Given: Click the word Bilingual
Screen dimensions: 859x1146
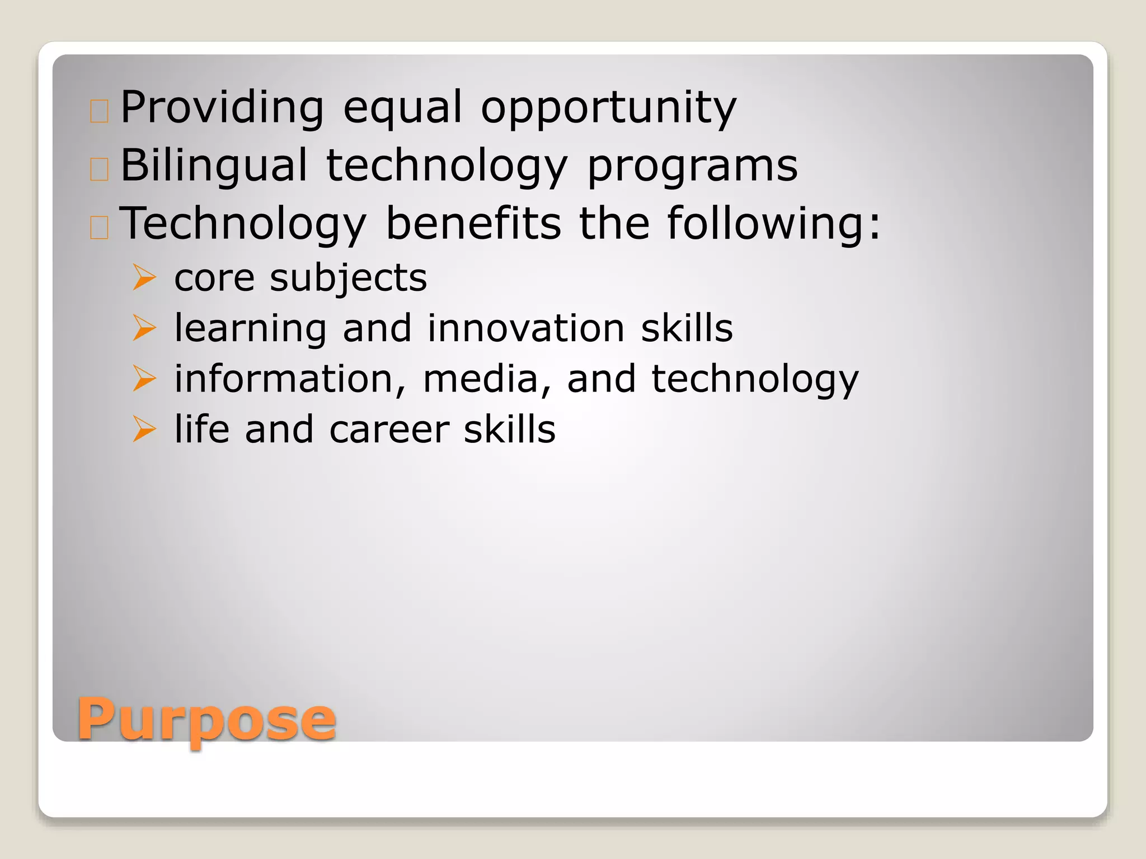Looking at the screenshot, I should point(214,167).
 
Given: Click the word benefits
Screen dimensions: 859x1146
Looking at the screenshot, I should point(473,223).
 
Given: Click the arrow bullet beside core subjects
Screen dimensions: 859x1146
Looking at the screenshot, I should point(144,277).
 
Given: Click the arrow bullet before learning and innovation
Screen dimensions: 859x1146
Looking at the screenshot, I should point(144,328).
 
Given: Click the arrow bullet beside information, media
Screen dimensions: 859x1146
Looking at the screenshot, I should point(144,379).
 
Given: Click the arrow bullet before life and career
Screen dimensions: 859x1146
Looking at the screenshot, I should point(144,429).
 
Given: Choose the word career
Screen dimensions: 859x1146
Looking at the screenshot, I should point(389,430).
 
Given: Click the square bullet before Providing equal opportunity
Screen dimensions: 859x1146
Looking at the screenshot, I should point(99,111).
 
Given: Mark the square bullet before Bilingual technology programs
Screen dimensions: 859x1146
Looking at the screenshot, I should point(99,169).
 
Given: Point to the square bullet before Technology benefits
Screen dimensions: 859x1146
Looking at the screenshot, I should point(99,227).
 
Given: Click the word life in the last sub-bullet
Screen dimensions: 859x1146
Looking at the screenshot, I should point(201,429).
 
